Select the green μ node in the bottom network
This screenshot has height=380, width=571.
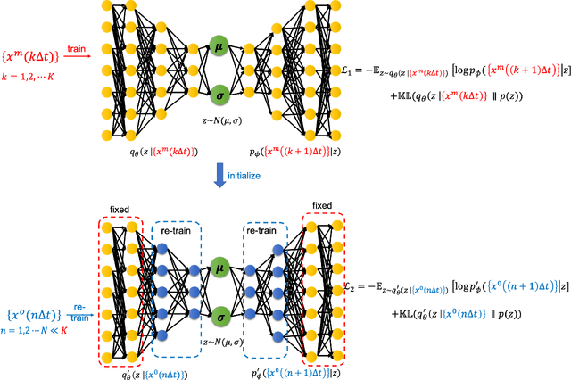[219, 265]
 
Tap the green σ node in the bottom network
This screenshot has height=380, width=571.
[219, 315]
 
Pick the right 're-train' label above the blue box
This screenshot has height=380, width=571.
[265, 230]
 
